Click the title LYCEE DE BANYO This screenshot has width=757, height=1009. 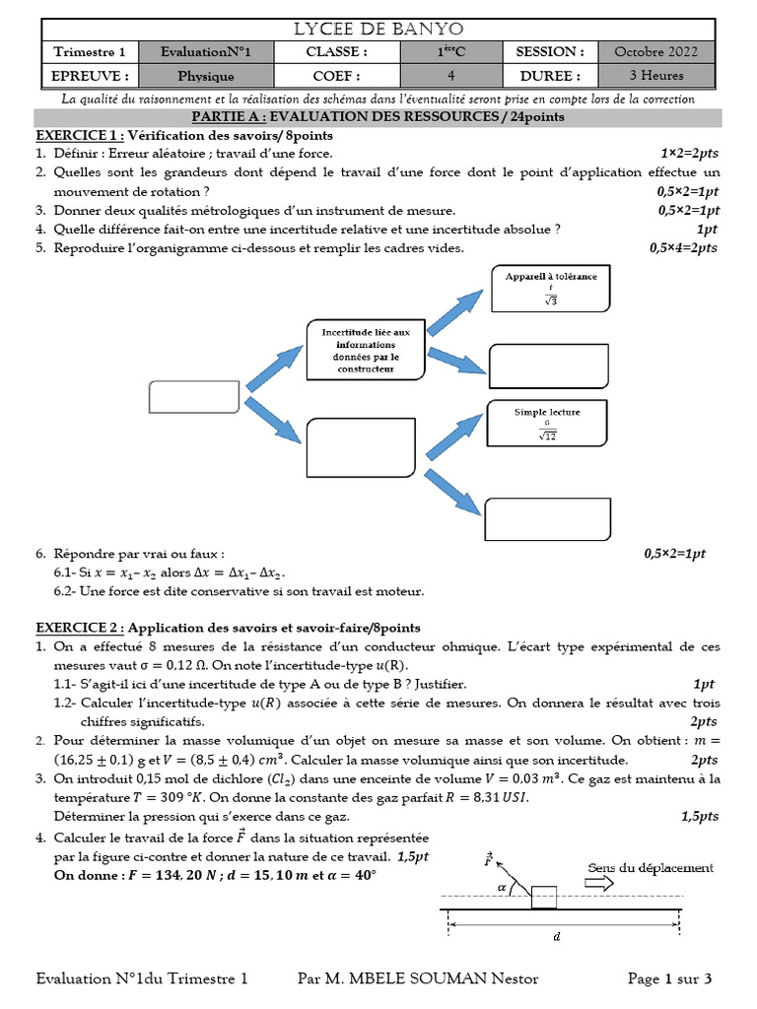pyautogui.click(x=378, y=29)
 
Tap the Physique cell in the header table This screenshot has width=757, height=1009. pyautogui.click(x=205, y=75)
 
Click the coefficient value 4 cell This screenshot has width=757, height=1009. pyautogui.click(x=450, y=75)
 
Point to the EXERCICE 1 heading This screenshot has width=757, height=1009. pyautogui.click(x=80, y=134)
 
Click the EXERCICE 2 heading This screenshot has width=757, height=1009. pyautogui.click(x=80, y=627)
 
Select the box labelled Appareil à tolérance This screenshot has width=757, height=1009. pyautogui.click(x=551, y=289)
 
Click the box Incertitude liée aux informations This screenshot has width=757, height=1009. pyautogui.click(x=366, y=350)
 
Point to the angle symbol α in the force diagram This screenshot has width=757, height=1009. pyautogui.click(x=501, y=886)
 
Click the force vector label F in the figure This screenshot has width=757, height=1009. pyautogui.click(x=488, y=858)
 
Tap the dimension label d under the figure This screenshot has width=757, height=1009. pyautogui.click(x=558, y=937)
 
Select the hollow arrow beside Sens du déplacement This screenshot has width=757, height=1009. pyautogui.click(x=599, y=885)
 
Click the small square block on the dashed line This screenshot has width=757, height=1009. pyautogui.click(x=543, y=898)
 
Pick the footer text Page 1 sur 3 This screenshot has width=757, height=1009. pyautogui.click(x=669, y=978)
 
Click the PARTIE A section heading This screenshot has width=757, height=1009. pyautogui.click(x=378, y=116)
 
